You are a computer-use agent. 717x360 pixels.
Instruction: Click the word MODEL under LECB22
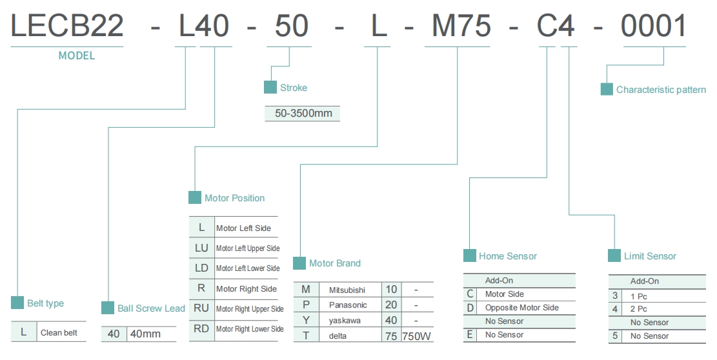77,55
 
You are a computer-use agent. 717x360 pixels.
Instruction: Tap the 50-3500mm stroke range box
303,114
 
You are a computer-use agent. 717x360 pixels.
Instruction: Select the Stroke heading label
294,88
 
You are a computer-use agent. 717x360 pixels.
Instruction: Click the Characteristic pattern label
661,90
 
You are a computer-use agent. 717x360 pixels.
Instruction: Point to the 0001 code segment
654,26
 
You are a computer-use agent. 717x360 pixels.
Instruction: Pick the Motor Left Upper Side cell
248,248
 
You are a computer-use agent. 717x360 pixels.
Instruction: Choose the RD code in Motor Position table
202,328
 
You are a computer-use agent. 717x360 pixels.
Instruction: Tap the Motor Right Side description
247,288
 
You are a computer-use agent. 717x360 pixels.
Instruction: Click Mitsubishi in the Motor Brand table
347,290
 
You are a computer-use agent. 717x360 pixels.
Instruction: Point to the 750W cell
417,335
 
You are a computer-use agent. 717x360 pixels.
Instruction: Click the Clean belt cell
60,333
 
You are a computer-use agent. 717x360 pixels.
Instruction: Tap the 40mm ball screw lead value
145,334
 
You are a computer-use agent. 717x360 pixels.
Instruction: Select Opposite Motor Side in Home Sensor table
522,308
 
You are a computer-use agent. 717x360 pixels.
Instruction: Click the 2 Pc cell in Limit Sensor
639,309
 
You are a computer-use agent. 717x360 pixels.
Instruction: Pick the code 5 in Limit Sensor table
615,335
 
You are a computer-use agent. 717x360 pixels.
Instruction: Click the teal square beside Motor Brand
299,263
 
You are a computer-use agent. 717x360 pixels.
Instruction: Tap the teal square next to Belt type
17,303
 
